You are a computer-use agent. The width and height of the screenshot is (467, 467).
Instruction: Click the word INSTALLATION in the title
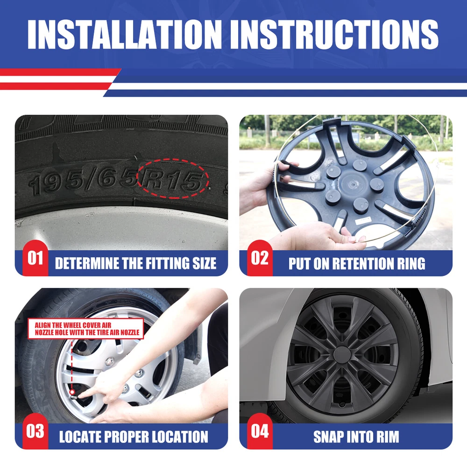pos(125,34)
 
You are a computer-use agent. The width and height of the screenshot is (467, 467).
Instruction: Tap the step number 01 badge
pos(35,258)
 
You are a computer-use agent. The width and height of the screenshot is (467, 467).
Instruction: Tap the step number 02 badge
pos(260,258)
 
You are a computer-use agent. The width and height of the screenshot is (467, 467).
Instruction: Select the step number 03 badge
pos(35,431)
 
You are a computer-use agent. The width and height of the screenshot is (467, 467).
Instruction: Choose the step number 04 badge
pos(260,431)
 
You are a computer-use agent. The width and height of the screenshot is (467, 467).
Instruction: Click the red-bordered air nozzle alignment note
pos(86,329)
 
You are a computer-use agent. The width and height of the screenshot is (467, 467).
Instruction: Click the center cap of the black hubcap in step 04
pos(342,354)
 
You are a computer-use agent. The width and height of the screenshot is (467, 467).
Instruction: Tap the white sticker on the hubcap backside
pos(363,221)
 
